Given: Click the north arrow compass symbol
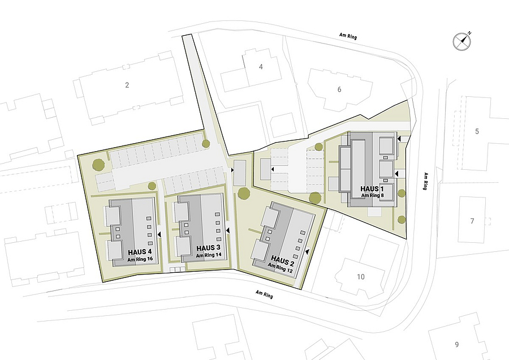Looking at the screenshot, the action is point(462,41).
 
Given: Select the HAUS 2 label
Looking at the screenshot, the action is point(282,260).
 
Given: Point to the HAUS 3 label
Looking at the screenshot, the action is point(208,248).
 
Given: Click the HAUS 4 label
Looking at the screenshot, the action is point(140,252).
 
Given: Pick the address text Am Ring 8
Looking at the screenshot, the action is point(372,195).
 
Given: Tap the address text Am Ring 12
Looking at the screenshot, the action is point(281,267).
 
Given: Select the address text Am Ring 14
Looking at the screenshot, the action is point(209,255).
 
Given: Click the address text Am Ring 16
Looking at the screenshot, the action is point(140,260).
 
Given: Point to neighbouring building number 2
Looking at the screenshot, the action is point(127,85).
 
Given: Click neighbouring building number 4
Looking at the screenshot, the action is point(261,67).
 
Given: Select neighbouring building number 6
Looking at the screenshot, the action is point(339,89).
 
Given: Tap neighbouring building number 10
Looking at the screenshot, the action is point(361,277).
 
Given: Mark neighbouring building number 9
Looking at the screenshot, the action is point(457,345).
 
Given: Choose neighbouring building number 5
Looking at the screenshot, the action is point(477,131).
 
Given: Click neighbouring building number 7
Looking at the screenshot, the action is point(472,221).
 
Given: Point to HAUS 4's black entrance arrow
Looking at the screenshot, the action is point(159,234).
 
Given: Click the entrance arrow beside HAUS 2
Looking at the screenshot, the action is point(307,251).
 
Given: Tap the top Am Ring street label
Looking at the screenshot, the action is point(348,36).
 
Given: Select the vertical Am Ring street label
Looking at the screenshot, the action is point(425,181).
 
